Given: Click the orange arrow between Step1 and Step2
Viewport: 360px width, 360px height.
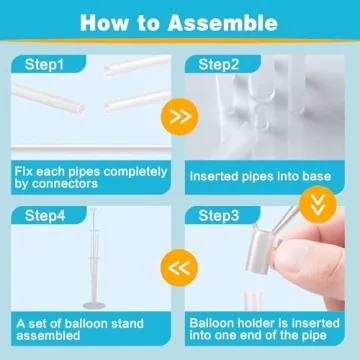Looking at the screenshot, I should pos(179,115).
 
